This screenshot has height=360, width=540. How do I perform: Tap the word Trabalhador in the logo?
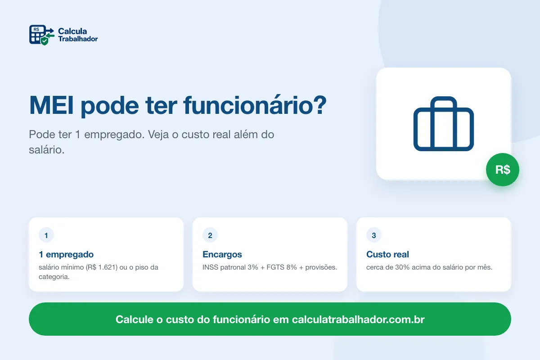[x=78, y=39]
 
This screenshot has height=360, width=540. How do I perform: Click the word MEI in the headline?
[x=51, y=105]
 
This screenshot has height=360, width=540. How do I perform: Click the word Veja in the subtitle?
[x=158, y=135]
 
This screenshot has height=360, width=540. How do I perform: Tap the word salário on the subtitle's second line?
[x=47, y=150]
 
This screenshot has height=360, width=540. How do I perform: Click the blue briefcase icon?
[x=444, y=124]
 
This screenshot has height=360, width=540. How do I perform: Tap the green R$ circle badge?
[x=503, y=170]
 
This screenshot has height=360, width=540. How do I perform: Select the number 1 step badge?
[x=46, y=235]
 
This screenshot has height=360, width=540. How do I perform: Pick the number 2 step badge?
[x=210, y=235]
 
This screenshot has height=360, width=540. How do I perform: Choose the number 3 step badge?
[x=373, y=235]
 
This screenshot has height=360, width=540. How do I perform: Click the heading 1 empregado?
[x=66, y=254]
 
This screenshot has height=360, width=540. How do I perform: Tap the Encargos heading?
[x=222, y=255]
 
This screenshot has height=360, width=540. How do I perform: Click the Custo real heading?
[x=387, y=254]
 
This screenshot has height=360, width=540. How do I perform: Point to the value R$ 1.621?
[x=103, y=267]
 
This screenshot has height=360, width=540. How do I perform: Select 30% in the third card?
[x=402, y=267]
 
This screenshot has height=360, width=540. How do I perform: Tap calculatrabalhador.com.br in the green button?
[x=358, y=319]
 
